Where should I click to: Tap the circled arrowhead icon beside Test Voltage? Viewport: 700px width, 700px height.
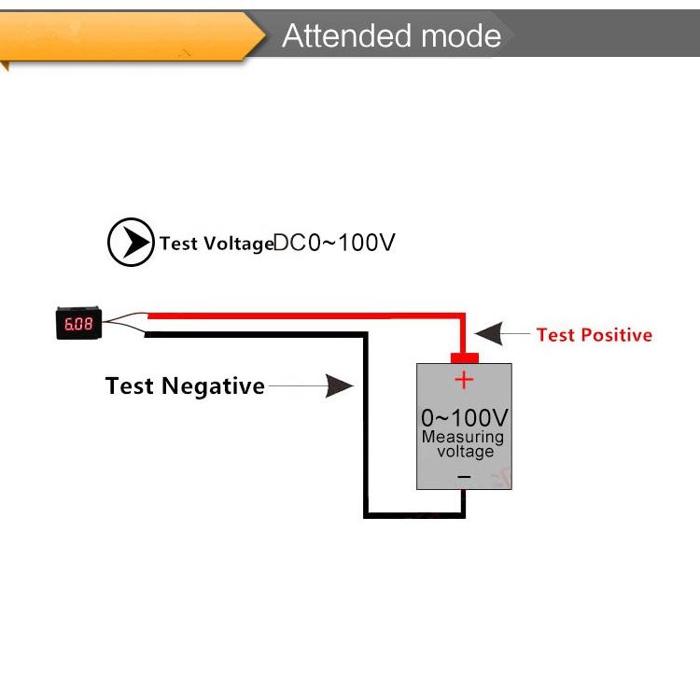point(131,243)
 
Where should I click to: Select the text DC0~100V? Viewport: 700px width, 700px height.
point(335,243)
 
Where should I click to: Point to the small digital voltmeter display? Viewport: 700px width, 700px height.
point(77,324)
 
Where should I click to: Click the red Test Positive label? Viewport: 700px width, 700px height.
point(594,335)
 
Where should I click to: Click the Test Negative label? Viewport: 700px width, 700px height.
point(185,386)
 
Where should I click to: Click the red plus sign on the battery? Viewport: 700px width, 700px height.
point(464,380)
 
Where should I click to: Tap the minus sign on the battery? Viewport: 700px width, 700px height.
point(464,477)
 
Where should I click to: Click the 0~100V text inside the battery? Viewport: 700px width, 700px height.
point(464,416)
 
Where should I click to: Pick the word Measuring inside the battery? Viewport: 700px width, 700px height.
point(463,437)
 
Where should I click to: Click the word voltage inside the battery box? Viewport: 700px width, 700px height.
point(465,452)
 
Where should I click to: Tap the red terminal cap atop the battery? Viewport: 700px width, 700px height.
point(464,357)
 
